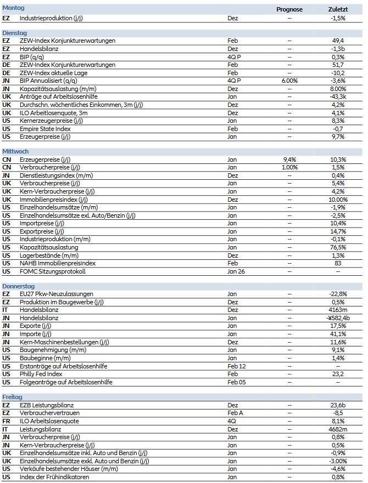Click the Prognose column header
289,9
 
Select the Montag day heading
13,8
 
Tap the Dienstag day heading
15,32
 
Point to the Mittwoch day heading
15,151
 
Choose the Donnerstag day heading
19,286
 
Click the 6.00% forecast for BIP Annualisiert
289,81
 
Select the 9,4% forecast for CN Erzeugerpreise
289,159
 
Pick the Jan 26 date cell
236,271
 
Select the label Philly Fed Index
41,374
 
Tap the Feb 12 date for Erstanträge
237,366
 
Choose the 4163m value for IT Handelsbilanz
338,310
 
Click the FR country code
6,421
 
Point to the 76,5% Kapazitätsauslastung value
338,247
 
